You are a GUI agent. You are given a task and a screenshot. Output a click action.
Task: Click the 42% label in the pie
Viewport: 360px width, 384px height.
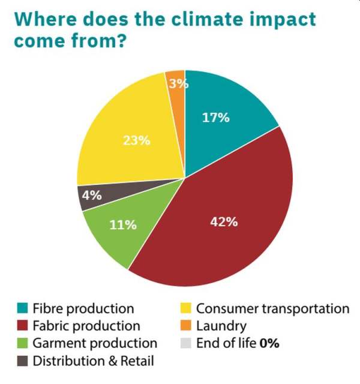tap(224, 222)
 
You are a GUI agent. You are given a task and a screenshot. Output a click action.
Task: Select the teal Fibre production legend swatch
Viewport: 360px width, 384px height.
tap(22, 309)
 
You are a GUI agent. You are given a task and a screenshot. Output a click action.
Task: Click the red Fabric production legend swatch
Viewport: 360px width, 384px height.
tap(22, 326)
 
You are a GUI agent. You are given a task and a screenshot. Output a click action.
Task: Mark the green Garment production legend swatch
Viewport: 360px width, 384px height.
tap(22, 344)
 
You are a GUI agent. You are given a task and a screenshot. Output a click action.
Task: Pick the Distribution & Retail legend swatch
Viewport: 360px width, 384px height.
tap(22, 361)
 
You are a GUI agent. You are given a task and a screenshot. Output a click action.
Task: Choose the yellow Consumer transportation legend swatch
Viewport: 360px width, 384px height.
tap(185, 309)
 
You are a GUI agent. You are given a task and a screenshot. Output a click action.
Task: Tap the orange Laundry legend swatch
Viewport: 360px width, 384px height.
tap(185, 326)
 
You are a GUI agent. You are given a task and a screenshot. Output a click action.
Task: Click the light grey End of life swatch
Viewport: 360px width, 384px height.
tap(185, 344)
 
